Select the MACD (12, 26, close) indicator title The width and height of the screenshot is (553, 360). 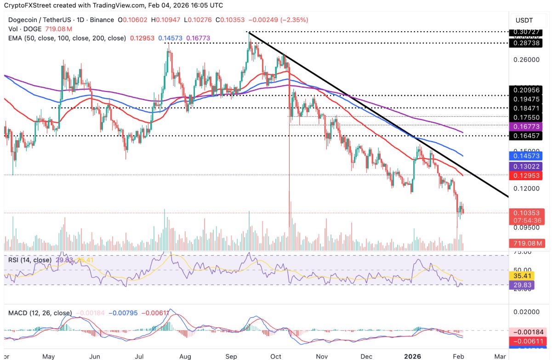pyautogui.click(x=40, y=313)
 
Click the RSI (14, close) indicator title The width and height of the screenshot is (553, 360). pyautogui.click(x=30, y=260)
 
